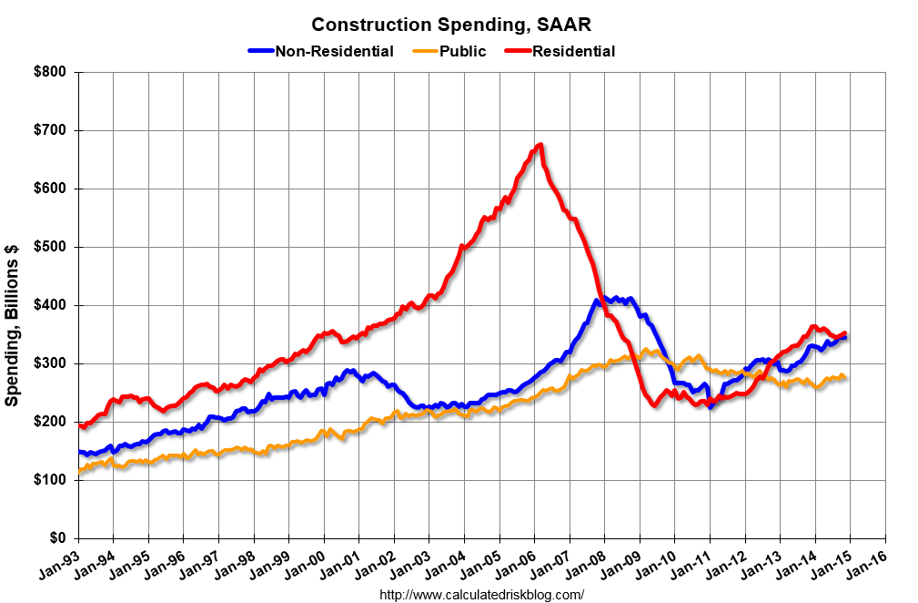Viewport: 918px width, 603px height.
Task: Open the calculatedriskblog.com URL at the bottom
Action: click(x=480, y=595)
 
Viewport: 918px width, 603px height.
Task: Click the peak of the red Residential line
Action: click(x=540, y=144)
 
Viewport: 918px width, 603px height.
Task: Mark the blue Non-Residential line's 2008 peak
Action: click(x=599, y=299)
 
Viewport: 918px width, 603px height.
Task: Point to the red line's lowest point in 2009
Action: click(x=654, y=405)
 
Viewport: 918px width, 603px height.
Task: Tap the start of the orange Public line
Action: click(x=79, y=471)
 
